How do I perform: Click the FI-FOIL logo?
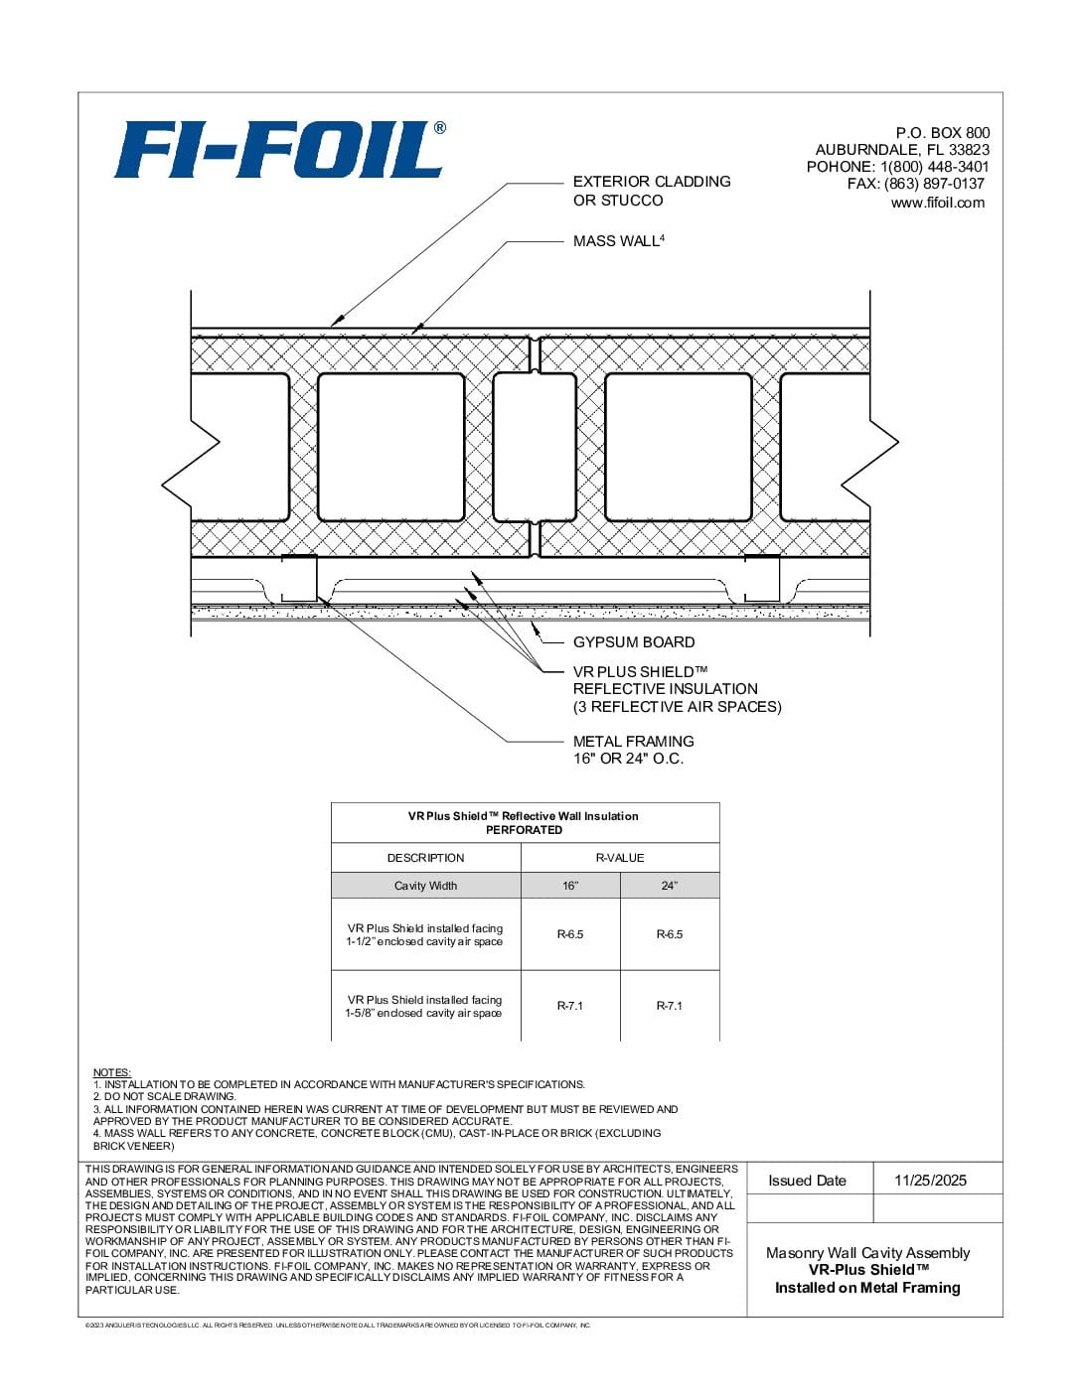tap(279, 150)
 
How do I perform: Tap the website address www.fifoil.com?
tap(937, 203)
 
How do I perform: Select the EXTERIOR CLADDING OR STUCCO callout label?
tap(651, 191)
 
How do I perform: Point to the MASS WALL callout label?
tap(618, 241)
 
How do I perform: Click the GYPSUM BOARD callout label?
tap(634, 642)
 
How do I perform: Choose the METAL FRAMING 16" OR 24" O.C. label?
tap(633, 750)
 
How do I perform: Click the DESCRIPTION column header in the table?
tap(425, 858)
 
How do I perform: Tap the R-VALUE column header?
tap(620, 858)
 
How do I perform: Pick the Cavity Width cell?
tap(425, 886)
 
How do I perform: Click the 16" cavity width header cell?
tap(570, 886)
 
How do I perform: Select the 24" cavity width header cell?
tap(670, 886)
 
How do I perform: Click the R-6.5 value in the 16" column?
tap(570, 934)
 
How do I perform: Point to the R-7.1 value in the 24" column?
tap(670, 1006)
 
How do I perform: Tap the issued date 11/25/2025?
tap(930, 1181)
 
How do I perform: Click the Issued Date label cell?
tap(807, 1181)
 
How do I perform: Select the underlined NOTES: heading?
tap(112, 1072)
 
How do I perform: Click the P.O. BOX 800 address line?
tap(942, 133)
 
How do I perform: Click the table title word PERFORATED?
tap(524, 830)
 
